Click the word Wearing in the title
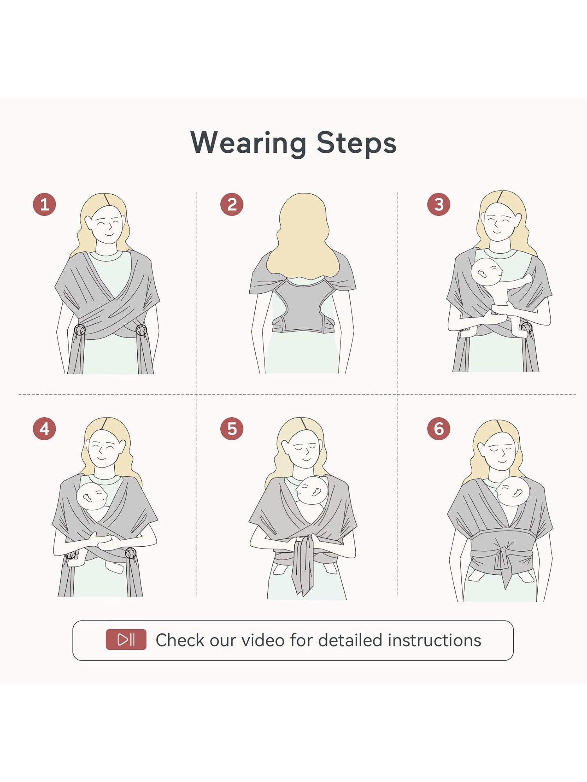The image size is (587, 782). tap(248, 143)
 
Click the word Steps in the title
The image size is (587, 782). tap(357, 143)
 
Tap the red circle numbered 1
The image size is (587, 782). tap(44, 204)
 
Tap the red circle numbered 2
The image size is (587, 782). tap(232, 204)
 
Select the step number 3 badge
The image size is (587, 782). tap(439, 204)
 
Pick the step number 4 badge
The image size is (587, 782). tap(44, 429)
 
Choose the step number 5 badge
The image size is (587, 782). tap(232, 429)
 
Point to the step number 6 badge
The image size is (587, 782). tap(439, 429)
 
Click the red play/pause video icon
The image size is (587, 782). tap(126, 640)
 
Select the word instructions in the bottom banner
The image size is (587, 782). tap(434, 640)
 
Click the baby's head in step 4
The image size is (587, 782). tap(92, 496)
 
